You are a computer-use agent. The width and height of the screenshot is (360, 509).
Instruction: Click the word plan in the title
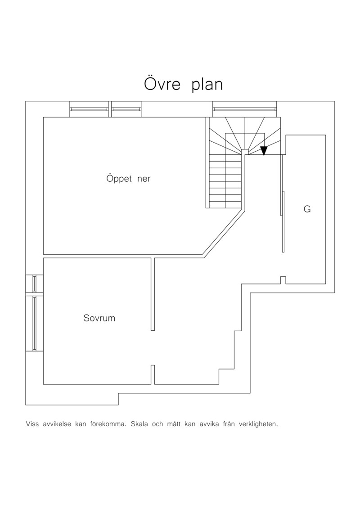click(x=207, y=85)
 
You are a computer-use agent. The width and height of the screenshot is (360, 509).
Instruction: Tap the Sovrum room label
click(x=99, y=318)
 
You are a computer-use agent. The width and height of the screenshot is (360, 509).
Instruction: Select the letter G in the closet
click(x=307, y=209)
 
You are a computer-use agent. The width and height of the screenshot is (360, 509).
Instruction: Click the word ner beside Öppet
click(x=144, y=179)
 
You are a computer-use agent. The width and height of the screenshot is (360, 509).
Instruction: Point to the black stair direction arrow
click(x=264, y=150)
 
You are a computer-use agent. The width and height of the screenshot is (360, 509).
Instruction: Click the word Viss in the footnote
click(x=32, y=424)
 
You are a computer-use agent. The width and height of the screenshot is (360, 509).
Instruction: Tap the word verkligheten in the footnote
click(x=258, y=424)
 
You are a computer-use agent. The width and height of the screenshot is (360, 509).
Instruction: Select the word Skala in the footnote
click(x=139, y=424)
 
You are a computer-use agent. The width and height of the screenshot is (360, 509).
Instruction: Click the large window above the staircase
click(x=245, y=109)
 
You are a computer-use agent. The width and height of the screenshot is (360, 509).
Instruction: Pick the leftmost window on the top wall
click(x=89, y=109)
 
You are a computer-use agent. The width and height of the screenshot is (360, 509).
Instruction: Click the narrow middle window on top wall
click(x=126, y=109)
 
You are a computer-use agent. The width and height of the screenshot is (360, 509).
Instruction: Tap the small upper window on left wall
click(x=34, y=284)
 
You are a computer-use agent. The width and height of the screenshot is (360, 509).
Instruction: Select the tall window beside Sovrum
click(x=34, y=323)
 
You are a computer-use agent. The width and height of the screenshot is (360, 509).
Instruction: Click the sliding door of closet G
click(x=283, y=204)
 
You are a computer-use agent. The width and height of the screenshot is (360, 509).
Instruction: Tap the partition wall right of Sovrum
click(x=153, y=294)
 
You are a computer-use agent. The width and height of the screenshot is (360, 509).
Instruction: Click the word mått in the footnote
click(x=174, y=424)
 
